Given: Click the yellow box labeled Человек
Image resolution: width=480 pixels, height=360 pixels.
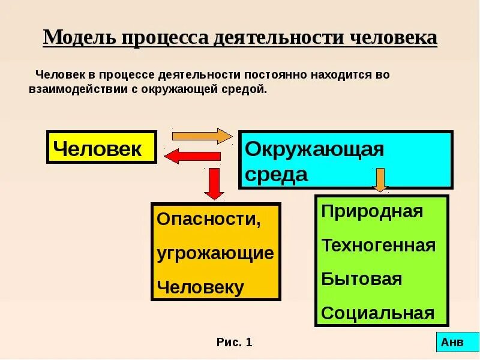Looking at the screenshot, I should [x=101, y=148].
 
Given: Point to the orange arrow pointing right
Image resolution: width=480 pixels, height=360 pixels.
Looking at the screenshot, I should [x=202, y=136].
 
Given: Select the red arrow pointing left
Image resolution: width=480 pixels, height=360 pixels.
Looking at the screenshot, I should [x=192, y=157].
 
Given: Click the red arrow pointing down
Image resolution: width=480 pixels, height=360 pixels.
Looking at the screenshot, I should [x=214, y=182].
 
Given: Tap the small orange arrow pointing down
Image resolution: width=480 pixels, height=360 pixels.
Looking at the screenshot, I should [x=379, y=180].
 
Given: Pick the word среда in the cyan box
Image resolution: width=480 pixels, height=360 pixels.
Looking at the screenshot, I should [x=277, y=175].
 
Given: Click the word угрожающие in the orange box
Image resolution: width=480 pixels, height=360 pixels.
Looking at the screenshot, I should [x=215, y=253].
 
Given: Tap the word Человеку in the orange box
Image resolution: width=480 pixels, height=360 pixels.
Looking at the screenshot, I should [x=200, y=287].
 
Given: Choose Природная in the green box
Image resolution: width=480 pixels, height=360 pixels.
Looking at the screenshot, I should [x=372, y=211].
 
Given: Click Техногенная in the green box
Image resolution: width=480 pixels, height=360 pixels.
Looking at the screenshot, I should [x=379, y=245].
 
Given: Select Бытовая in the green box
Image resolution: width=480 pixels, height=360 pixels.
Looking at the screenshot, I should [x=361, y=279].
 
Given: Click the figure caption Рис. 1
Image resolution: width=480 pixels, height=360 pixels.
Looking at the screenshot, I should [x=235, y=343].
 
